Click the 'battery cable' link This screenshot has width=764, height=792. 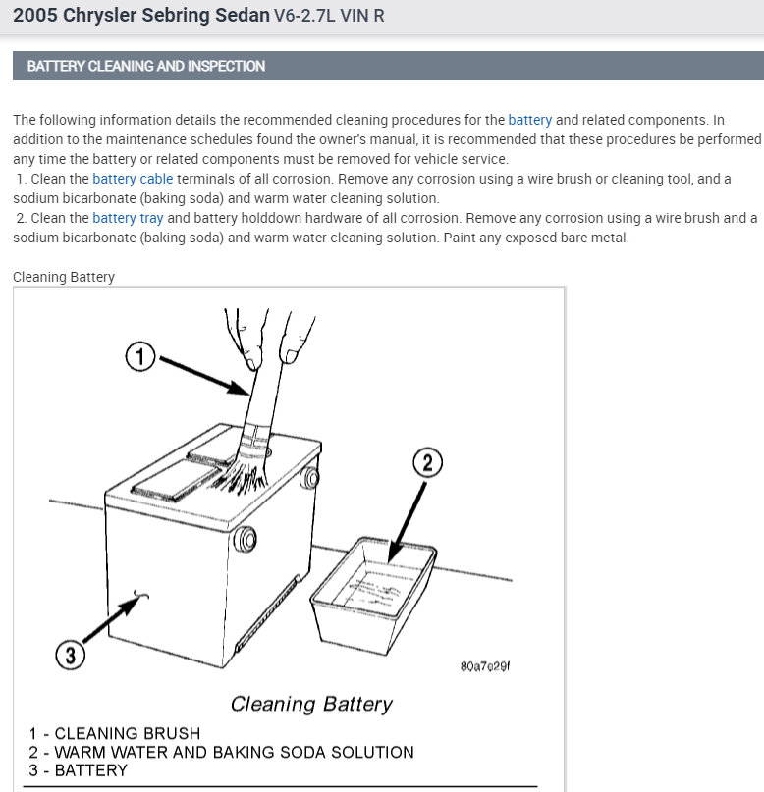click(x=133, y=179)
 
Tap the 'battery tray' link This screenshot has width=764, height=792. click(x=128, y=218)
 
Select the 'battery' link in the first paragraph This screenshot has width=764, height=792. click(x=529, y=120)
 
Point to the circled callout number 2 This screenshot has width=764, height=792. click(x=426, y=462)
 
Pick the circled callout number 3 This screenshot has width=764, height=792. click(x=69, y=655)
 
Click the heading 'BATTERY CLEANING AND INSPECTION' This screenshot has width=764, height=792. click(x=146, y=66)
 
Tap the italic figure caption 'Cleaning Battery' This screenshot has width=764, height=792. click(x=311, y=704)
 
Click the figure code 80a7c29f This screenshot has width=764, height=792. click(x=484, y=666)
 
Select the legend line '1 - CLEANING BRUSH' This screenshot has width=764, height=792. click(x=114, y=733)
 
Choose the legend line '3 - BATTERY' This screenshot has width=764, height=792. click(x=79, y=770)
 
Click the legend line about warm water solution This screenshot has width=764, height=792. click(x=221, y=752)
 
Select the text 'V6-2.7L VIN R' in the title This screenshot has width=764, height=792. click(x=328, y=17)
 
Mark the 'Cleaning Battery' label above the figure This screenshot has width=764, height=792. click(x=64, y=277)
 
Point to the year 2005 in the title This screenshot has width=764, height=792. click(x=36, y=16)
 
